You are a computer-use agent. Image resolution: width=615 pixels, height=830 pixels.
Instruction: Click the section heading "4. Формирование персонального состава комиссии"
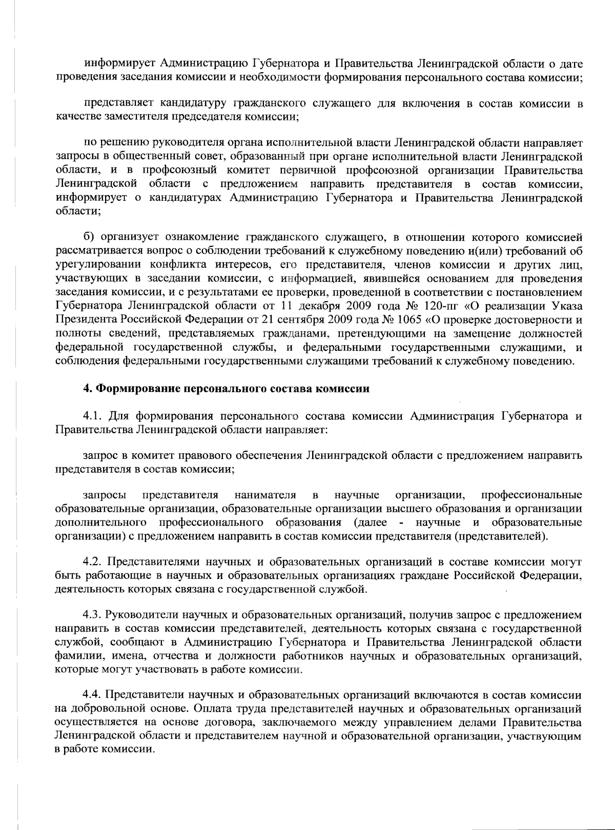pyautogui.click(x=226, y=388)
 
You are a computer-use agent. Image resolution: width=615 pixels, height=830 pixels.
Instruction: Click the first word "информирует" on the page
pyautogui.click(x=114, y=64)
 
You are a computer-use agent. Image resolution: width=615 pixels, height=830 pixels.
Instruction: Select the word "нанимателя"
pyautogui.click(x=265, y=495)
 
